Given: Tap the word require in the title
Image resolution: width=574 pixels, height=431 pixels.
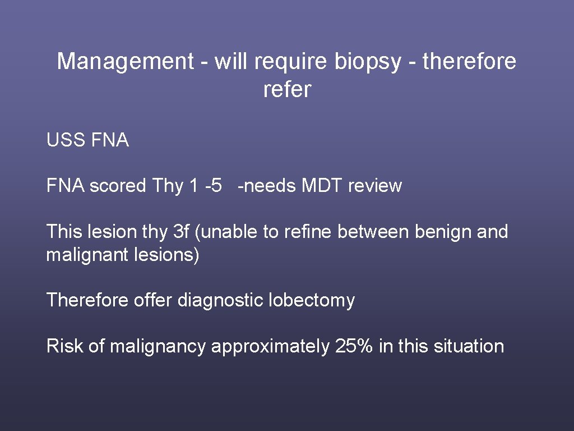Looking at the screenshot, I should tap(289, 62).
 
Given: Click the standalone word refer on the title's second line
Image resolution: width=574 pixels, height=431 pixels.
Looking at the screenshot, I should tap(286, 90).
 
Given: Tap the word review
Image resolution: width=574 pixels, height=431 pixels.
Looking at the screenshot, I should tap(374, 186).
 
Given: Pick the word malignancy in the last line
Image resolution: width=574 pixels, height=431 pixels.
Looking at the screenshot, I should tap(158, 346).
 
